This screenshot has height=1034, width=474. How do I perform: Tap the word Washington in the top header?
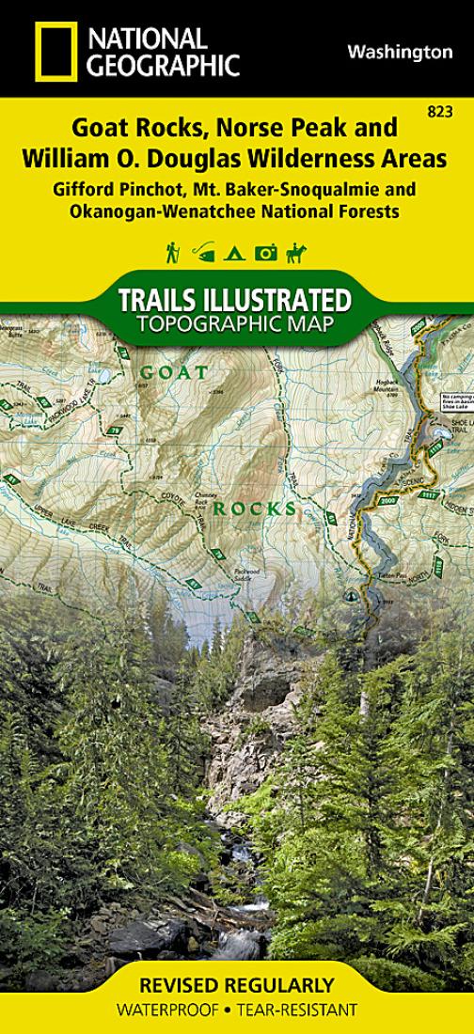click(400, 53)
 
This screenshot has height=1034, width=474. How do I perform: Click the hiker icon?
click(173, 252)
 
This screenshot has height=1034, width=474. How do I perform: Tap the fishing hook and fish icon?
click(204, 252)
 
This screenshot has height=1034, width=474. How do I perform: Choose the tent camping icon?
click(237, 252)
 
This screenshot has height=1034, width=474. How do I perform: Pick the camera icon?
click(267, 252)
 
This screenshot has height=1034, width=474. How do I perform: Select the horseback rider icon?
click(296, 252)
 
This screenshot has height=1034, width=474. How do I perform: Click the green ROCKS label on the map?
click(254, 509)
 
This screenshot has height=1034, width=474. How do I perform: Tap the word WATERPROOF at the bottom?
click(165, 1010)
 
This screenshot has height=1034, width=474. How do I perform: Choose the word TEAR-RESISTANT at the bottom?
click(305, 1010)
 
